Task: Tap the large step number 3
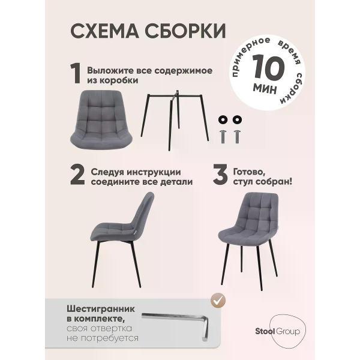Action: (220, 175)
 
